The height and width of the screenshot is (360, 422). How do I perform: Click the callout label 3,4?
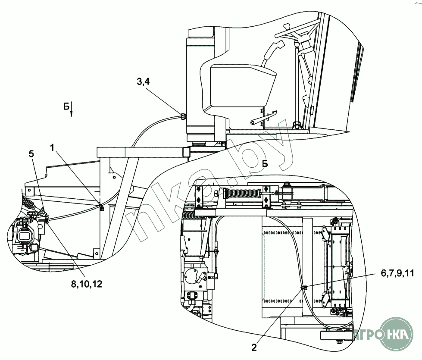(143, 81)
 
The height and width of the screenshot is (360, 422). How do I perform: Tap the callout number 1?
(52, 147)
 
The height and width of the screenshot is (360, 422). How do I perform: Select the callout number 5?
(31, 154)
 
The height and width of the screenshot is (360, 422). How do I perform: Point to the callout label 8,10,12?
(87, 284)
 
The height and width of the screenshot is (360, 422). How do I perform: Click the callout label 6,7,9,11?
(397, 273)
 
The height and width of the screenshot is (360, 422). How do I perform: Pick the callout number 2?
(254, 347)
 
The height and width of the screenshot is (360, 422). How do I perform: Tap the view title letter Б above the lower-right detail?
(265, 163)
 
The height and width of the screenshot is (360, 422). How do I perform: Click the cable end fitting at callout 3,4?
(183, 116)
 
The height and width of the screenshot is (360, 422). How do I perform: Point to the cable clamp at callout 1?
(101, 208)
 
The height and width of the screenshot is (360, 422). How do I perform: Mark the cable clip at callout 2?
(303, 288)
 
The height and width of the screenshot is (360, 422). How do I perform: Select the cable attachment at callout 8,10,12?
(47, 221)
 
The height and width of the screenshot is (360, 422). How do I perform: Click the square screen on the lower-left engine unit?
(24, 236)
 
